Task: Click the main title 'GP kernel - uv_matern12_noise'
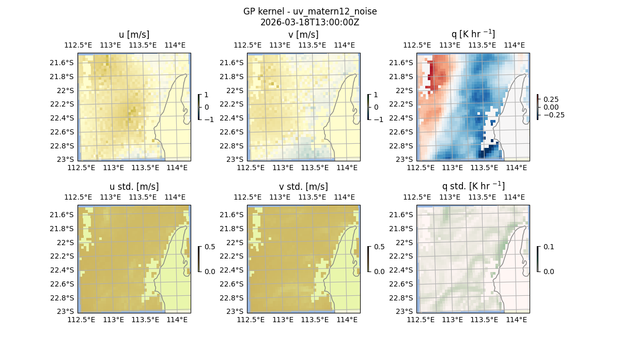click(x=310, y=11)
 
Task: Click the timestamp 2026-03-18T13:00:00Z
click(x=310, y=22)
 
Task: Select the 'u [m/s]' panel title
click(x=134, y=35)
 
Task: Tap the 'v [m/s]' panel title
click(x=304, y=35)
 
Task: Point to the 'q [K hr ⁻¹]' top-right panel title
click(x=473, y=34)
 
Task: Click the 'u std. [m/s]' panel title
click(x=134, y=187)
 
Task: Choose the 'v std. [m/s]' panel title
click(x=304, y=187)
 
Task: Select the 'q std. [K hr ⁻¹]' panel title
click(x=473, y=186)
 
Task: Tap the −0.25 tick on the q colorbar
click(x=553, y=115)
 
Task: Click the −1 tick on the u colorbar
click(x=208, y=119)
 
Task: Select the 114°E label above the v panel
click(x=345, y=45)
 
